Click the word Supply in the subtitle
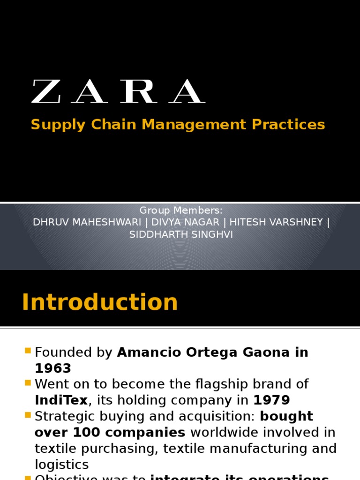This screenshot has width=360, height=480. (x=59, y=125)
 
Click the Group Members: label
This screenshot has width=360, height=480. (x=181, y=210)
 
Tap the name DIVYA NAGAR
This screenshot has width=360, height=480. (x=185, y=222)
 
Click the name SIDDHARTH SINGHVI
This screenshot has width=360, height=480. (x=181, y=234)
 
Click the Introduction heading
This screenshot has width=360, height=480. (x=100, y=302)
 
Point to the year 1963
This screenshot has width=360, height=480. (x=53, y=368)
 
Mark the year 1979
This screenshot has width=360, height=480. (x=272, y=400)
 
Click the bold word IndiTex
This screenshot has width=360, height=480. (x=61, y=400)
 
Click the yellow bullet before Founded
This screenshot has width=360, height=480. (x=27, y=351)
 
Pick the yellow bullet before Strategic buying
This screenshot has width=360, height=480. (x=27, y=415)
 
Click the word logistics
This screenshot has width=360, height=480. (x=61, y=465)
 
